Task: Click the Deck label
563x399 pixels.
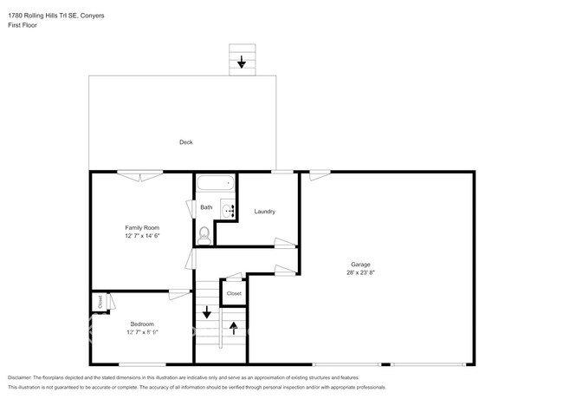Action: pyautogui.click(x=185, y=142)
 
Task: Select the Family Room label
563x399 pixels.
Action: pyautogui.click(x=142, y=227)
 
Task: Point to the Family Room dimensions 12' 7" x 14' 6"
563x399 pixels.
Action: pyautogui.click(x=142, y=235)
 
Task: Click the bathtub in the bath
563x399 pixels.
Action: pyautogui.click(x=214, y=184)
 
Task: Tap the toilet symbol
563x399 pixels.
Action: pyautogui.click(x=205, y=233)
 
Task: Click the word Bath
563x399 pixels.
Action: pyautogui.click(x=206, y=207)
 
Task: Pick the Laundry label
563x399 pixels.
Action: pyautogui.click(x=264, y=212)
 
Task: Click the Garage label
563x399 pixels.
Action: pyautogui.click(x=360, y=264)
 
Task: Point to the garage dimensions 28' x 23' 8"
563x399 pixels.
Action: pyautogui.click(x=360, y=272)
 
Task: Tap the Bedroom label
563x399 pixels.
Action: pyautogui.click(x=142, y=324)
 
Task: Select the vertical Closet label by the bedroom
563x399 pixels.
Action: pyautogui.click(x=100, y=302)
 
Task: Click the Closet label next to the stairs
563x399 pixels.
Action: pyautogui.click(x=234, y=294)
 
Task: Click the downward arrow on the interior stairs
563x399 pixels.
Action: pyautogui.click(x=206, y=312)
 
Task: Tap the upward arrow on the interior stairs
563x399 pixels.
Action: pyautogui.click(x=232, y=330)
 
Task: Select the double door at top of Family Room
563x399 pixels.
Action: pyautogui.click(x=139, y=174)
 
